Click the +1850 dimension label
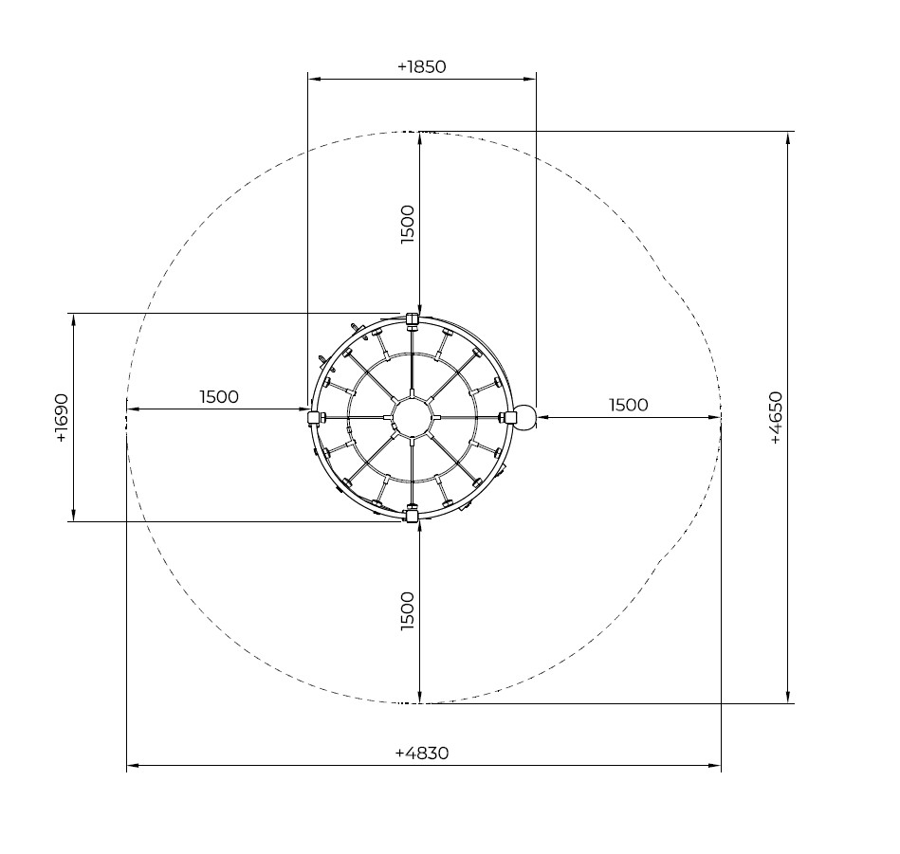click(x=421, y=66)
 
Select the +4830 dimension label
click(x=422, y=753)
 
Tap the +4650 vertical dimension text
click(x=775, y=417)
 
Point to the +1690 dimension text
click(x=62, y=418)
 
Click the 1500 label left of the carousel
click(x=219, y=396)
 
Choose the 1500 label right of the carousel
click(x=629, y=405)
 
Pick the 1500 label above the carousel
click(x=407, y=225)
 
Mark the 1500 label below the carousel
click(x=407, y=611)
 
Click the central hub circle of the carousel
click(x=412, y=417)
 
